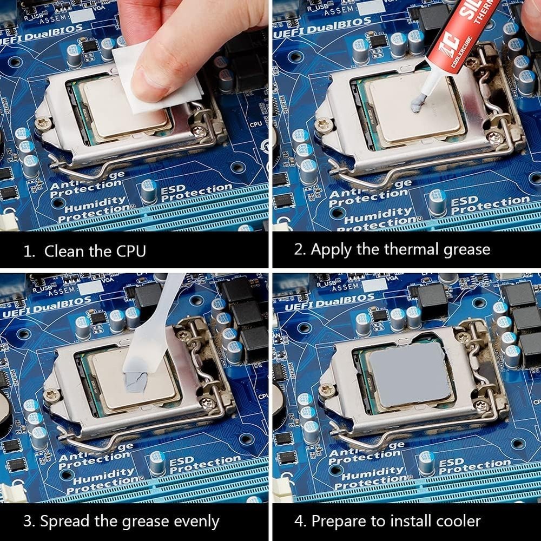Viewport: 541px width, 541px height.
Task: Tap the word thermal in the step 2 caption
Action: [x=410, y=249]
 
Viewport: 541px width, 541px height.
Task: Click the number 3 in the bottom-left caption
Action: [x=28, y=522]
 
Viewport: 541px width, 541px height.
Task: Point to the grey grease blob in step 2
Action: [x=419, y=103]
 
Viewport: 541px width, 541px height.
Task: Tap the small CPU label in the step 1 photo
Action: [x=256, y=124]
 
